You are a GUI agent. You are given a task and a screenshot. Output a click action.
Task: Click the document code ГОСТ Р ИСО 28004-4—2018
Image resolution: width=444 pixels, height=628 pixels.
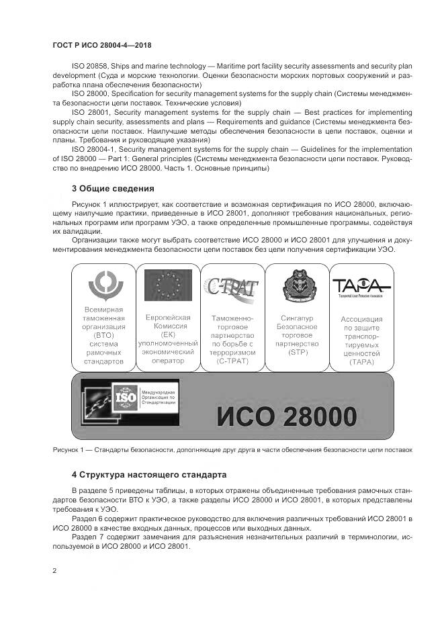[101, 45]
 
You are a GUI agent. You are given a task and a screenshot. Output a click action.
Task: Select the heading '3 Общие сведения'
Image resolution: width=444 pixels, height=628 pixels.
[113, 188]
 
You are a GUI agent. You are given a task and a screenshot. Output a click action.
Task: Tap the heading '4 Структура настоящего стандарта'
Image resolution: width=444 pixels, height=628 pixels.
[144, 474]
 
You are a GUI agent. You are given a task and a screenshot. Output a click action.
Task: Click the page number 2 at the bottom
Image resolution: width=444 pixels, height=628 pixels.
[54, 570]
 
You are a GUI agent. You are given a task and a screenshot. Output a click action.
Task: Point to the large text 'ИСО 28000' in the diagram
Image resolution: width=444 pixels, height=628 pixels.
[286, 416]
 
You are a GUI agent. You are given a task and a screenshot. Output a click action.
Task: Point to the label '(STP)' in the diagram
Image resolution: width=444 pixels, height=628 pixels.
[296, 353]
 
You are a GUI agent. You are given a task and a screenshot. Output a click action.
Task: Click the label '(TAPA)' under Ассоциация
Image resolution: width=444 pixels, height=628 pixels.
[361, 363]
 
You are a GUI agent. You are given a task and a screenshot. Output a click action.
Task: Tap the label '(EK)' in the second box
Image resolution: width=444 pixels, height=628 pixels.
[167, 334]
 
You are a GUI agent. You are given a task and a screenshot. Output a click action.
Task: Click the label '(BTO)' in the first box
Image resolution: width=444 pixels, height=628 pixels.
[103, 334]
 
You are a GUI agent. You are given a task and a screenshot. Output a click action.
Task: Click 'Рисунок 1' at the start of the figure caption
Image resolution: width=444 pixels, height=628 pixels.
[70, 449]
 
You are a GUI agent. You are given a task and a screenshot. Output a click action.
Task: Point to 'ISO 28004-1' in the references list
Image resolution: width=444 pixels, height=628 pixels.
[93, 148]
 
